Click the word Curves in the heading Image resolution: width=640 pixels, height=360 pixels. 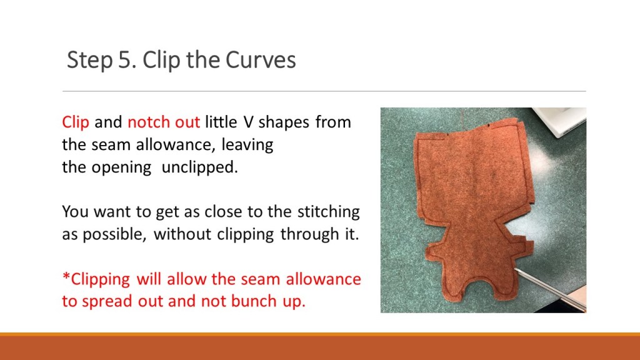click(x=261, y=59)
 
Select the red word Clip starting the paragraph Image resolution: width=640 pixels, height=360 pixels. click(x=76, y=122)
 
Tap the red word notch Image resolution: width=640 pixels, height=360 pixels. click(x=149, y=122)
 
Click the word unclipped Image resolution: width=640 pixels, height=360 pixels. click(x=199, y=167)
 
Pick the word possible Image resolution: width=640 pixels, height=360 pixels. click(x=114, y=234)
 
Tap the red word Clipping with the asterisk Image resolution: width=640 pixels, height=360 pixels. click(x=96, y=279)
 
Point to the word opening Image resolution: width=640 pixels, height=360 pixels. click(x=121, y=167)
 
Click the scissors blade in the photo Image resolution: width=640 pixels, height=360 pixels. click(x=549, y=289)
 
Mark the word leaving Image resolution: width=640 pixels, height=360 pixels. click(x=247, y=145)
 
